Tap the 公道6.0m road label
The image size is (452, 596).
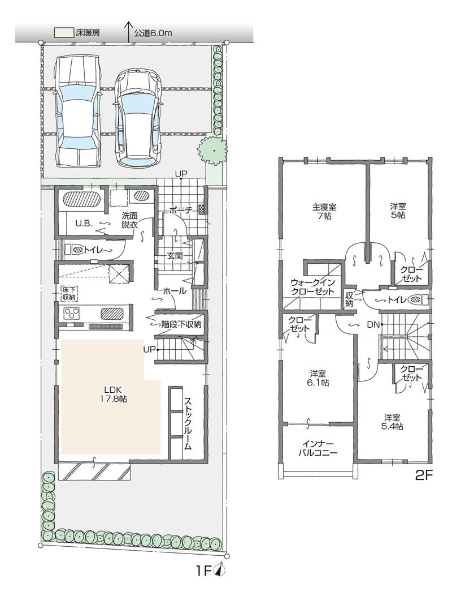click(153, 33)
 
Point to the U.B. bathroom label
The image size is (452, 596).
click(84, 223)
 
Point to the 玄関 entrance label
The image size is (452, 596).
click(174, 255)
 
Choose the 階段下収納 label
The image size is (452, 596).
click(181, 324)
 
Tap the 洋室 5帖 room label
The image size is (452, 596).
click(398, 211)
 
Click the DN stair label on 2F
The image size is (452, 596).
click(372, 324)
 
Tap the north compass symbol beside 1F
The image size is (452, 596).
click(220, 571)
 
